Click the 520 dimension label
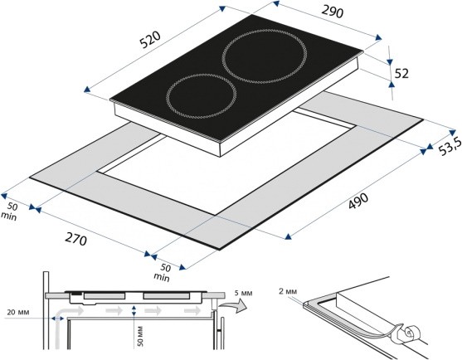150,40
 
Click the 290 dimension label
333,12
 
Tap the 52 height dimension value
401,73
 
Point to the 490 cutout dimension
358,201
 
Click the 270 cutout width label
76,239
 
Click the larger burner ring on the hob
265,56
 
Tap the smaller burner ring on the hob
202,96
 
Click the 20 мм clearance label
18,312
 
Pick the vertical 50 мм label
140,336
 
